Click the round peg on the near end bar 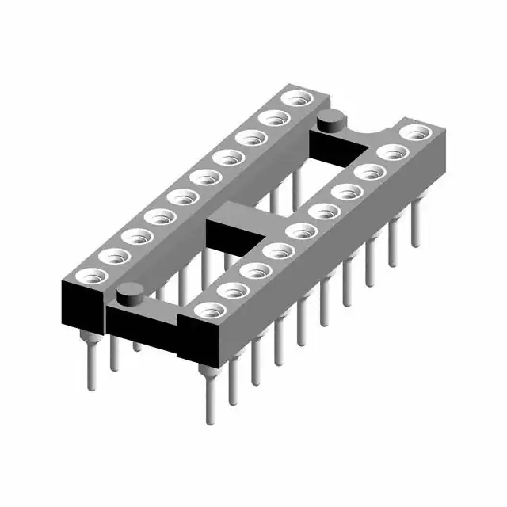coord(126,296)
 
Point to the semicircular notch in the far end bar coord(368,125)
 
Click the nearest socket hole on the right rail coord(208,310)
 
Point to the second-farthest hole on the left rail coord(275,119)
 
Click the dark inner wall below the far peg coord(333,146)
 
